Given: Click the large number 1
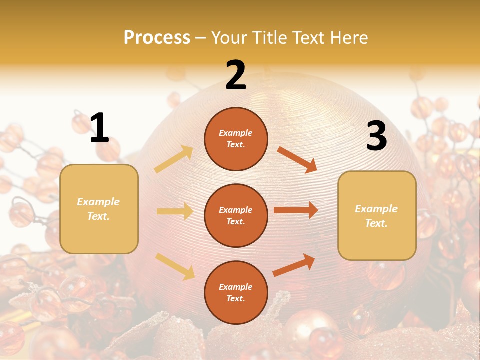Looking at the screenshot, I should click(x=99, y=128).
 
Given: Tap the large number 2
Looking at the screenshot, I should click(x=236, y=75).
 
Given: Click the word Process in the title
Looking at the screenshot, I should click(x=157, y=38).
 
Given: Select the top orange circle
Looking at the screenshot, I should click(x=236, y=139).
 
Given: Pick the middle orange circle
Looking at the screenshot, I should click(x=236, y=215).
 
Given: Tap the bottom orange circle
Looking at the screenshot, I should click(x=236, y=292).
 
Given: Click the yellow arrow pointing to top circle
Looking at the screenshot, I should click(x=174, y=159).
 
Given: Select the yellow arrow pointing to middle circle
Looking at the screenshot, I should click(x=175, y=211).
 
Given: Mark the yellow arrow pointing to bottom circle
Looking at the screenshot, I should click(x=175, y=266).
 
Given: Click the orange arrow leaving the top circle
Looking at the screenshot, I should click(x=297, y=159).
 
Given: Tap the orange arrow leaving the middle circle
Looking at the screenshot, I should click(x=296, y=210).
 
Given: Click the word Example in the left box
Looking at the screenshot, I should click(x=98, y=202).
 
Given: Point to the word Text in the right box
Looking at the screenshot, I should click(x=376, y=223).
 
